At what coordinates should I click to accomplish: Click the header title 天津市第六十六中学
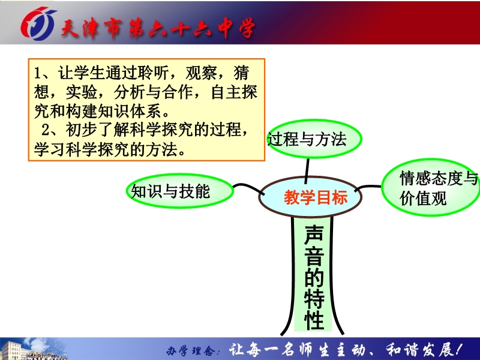[158, 28]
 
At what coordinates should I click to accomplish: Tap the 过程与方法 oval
[314, 139]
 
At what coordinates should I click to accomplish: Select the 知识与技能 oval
[180, 191]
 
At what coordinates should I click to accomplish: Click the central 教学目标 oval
[310, 197]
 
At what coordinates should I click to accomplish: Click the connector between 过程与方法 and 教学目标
[307, 170]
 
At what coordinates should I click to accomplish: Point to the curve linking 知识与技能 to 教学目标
[248, 187]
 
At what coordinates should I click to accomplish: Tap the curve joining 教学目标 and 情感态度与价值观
[367, 187]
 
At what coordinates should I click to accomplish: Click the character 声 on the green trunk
[314, 235]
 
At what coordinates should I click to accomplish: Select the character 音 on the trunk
[314, 256]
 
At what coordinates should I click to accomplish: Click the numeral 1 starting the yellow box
[37, 73]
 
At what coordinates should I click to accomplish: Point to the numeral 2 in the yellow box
[46, 130]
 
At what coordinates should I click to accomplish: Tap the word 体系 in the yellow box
[146, 111]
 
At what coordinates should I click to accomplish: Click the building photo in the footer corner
[33, 349]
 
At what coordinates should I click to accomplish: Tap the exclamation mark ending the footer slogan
[458, 349]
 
